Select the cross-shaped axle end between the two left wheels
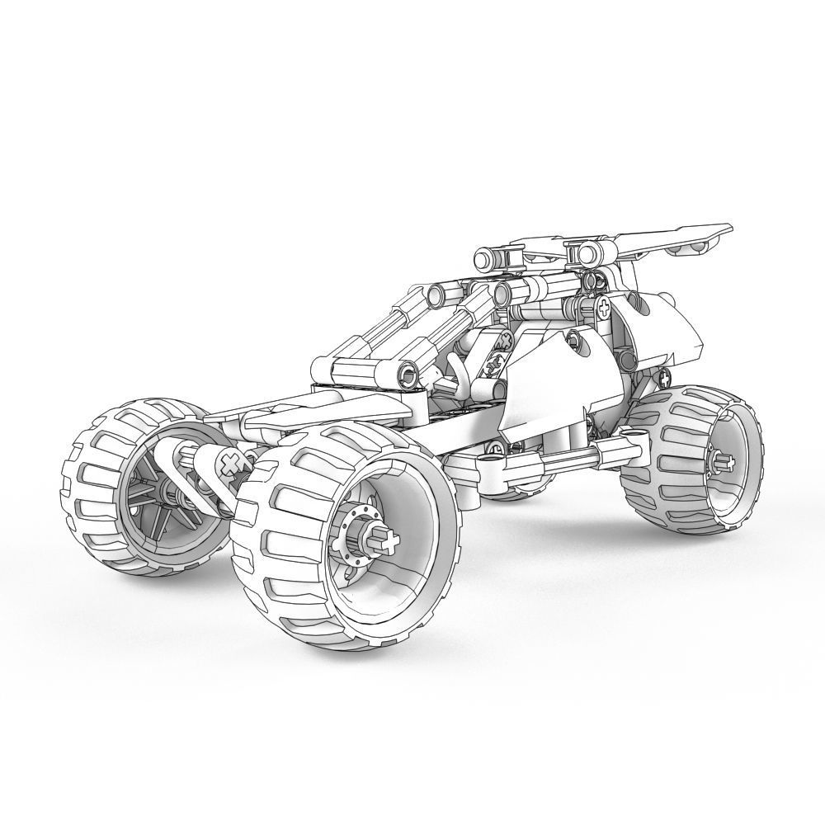[232, 464]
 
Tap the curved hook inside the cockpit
[459, 375]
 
